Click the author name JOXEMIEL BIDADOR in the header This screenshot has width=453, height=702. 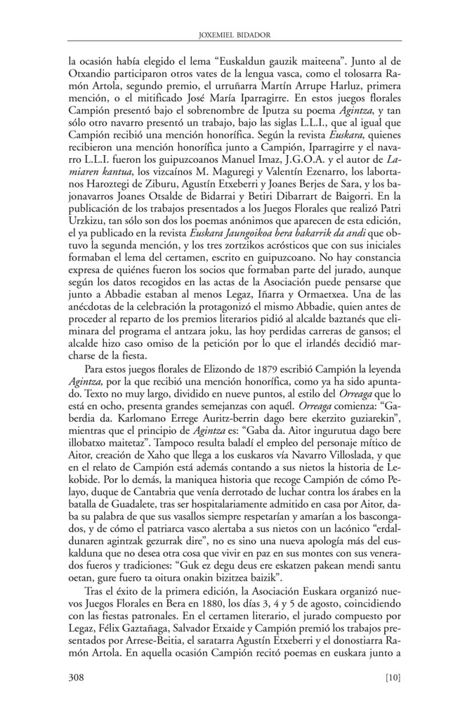coord(226,33)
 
